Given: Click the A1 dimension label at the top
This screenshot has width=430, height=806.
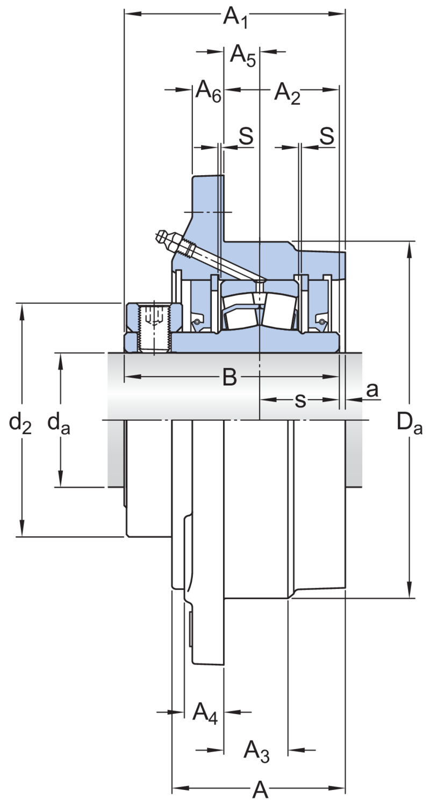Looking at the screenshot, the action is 235,17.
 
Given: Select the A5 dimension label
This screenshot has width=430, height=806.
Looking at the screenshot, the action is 243,55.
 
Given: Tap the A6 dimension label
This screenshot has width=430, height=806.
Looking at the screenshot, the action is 209,91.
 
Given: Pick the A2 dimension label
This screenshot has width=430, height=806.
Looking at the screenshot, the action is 287,93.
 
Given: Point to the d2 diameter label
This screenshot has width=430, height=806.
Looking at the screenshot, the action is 20,423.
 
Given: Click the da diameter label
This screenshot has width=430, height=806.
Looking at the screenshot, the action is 59,423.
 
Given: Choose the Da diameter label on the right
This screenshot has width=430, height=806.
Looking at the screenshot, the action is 410,423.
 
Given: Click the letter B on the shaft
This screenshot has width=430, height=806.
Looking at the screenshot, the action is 230,377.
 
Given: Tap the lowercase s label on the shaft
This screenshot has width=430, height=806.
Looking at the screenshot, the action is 300,400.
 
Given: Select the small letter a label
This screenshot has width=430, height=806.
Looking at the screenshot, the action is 372,390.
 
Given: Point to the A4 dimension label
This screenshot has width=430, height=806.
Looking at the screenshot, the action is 205,713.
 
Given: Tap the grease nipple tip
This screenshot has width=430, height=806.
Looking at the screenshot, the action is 158,236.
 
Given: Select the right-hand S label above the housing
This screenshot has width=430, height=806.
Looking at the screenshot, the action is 327,136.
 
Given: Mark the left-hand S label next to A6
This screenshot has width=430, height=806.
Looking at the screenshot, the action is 246,136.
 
